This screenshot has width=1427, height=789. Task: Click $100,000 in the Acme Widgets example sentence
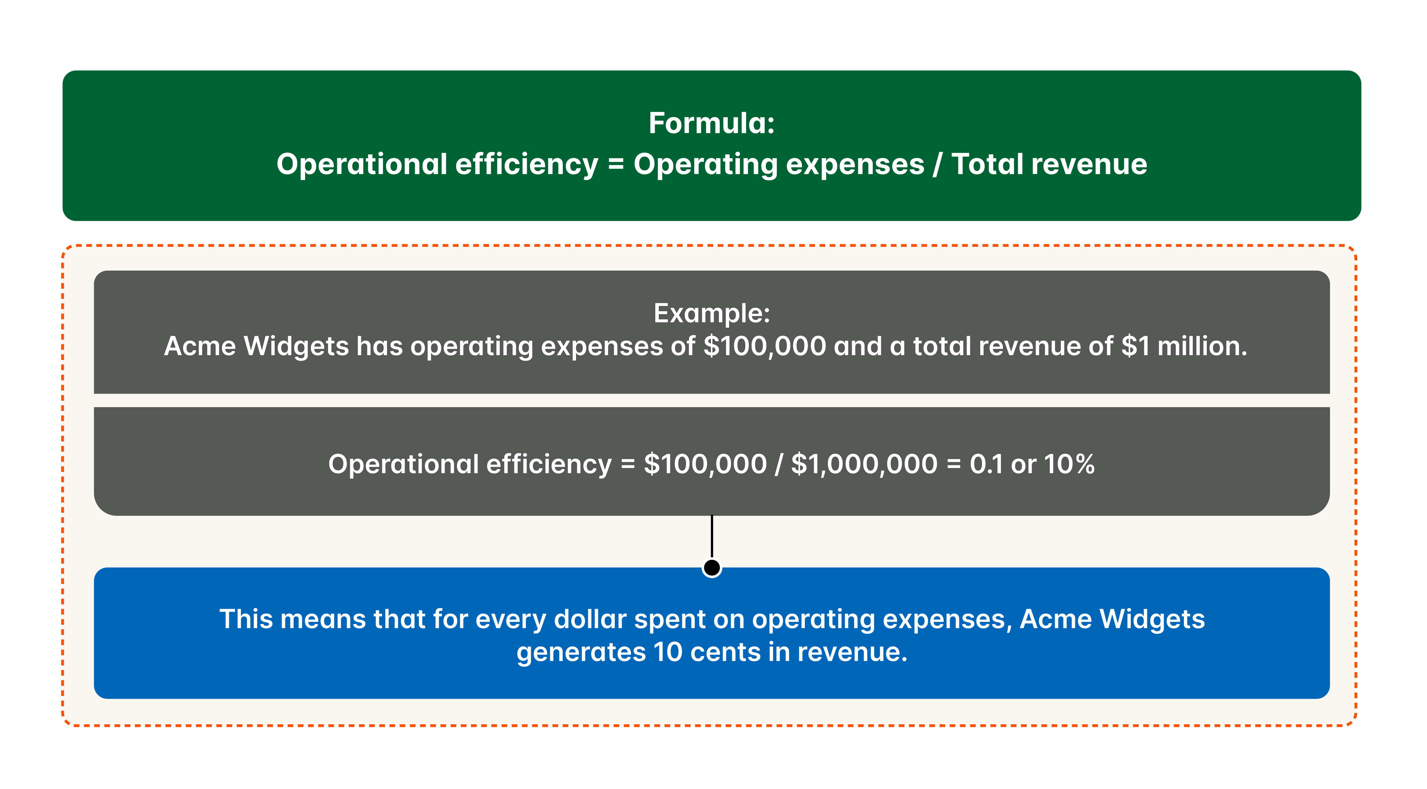[764, 347]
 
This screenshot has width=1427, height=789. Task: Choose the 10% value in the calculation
[1069, 464]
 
